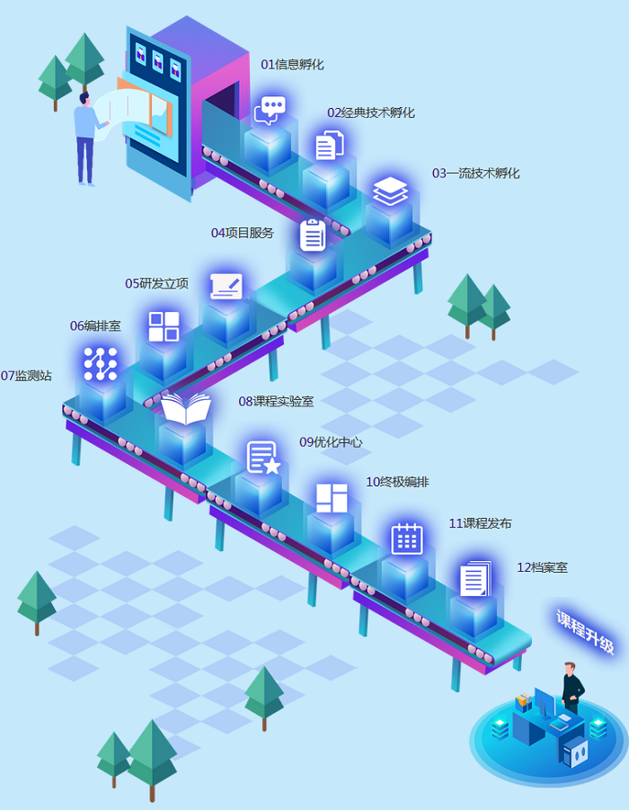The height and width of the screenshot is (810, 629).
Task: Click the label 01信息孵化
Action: click(292, 65)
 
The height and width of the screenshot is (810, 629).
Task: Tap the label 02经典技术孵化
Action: click(370, 113)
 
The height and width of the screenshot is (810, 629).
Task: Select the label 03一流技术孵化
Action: click(475, 174)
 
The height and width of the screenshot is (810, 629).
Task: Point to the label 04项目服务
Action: click(242, 233)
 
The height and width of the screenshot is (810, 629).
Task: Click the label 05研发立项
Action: click(156, 283)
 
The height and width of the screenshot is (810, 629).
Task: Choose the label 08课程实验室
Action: click(276, 401)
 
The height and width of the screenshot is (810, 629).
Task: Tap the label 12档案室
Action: click(542, 567)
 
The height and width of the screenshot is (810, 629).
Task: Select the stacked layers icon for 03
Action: click(390, 191)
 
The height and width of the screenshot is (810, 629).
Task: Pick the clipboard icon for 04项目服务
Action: click(313, 235)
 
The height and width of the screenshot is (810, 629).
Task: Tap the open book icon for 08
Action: click(186, 410)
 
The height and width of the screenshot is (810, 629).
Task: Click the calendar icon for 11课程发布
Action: click(407, 539)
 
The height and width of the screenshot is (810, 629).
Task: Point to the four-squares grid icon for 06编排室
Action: click(164, 326)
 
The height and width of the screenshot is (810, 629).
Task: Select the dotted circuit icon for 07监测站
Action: click(101, 363)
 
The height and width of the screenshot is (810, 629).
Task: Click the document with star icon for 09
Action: click(263, 458)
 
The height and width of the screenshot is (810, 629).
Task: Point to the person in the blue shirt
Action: click(86, 135)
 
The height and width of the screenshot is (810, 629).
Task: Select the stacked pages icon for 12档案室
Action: click(475, 578)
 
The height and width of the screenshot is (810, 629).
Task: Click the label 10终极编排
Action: click(397, 482)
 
